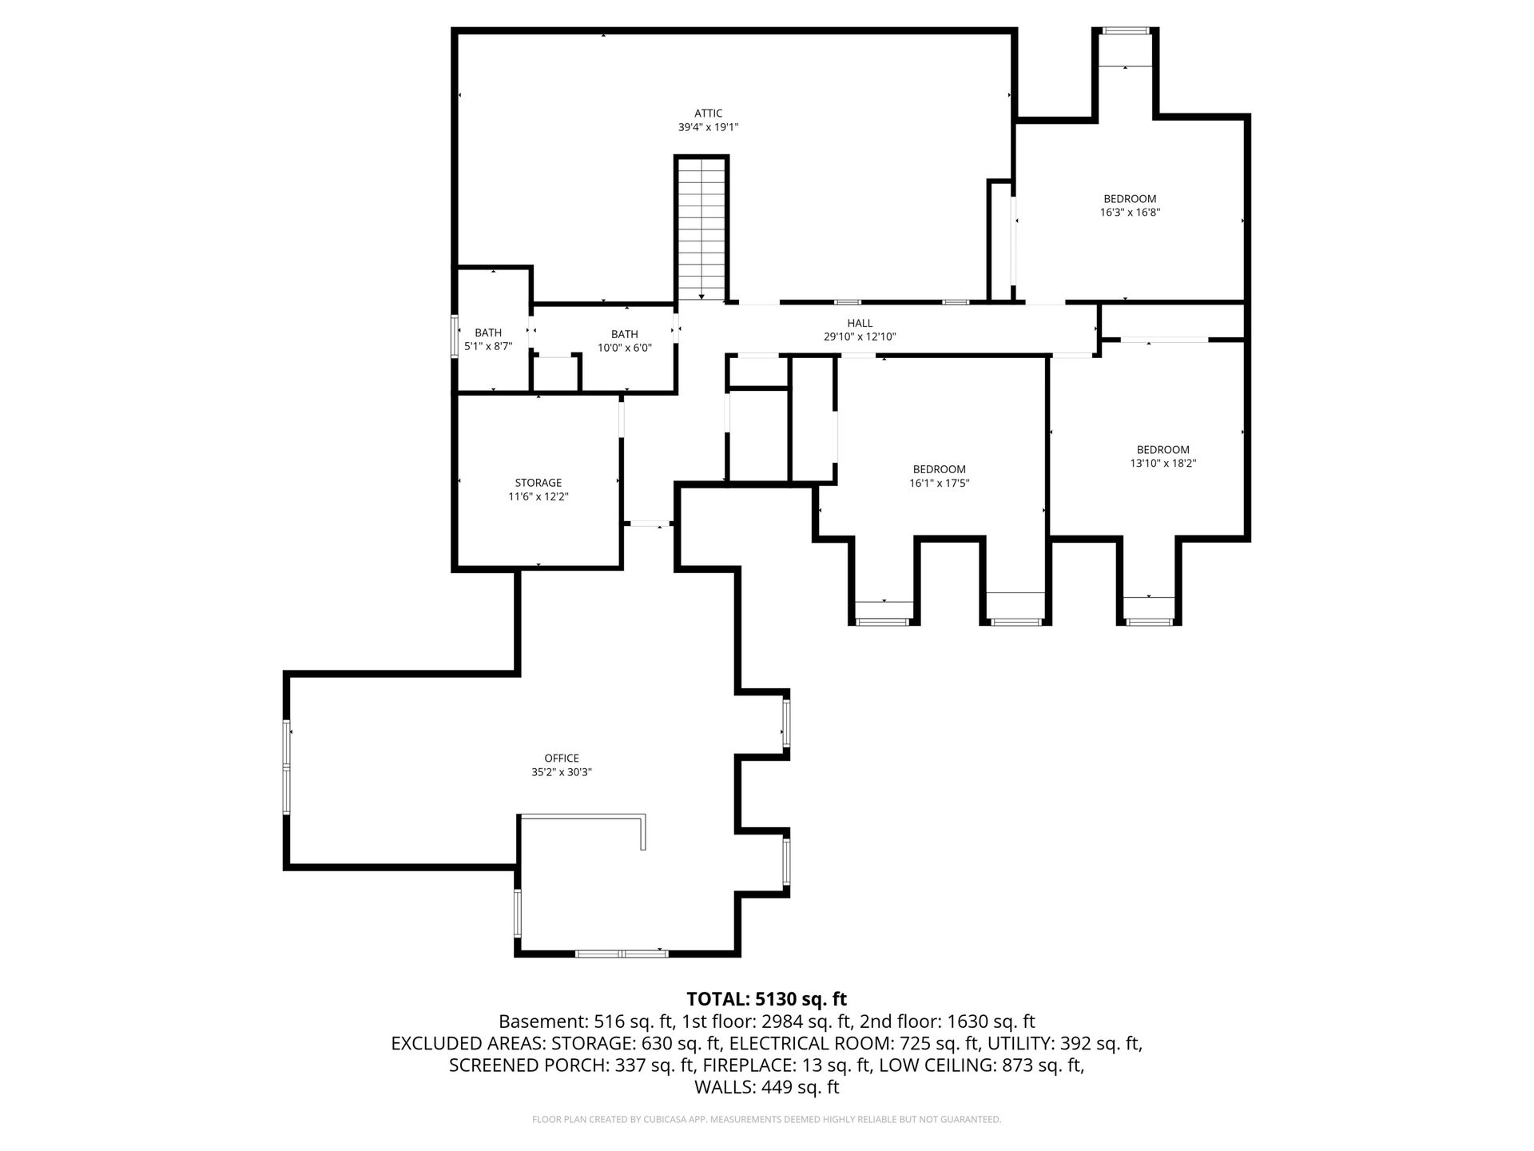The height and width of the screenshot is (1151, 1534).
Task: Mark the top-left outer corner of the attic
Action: (x=452, y=29)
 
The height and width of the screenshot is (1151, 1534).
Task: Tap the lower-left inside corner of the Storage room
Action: (x=458, y=566)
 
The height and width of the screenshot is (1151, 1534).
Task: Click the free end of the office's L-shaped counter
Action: (x=643, y=850)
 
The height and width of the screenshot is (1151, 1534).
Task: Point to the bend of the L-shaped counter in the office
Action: (x=643, y=815)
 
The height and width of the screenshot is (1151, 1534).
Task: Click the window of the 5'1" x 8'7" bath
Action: (x=455, y=336)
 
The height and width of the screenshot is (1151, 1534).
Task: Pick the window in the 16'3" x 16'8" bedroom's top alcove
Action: (x=1126, y=31)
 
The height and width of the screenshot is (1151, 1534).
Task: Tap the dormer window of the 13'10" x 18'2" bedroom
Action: (x=1149, y=621)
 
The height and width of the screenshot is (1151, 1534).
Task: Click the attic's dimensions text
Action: (x=708, y=127)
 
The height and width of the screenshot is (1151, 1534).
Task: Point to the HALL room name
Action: (x=860, y=323)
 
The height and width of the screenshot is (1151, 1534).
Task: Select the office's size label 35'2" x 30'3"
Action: (x=562, y=772)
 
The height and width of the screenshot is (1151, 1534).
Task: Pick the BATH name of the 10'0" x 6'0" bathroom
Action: (x=625, y=334)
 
